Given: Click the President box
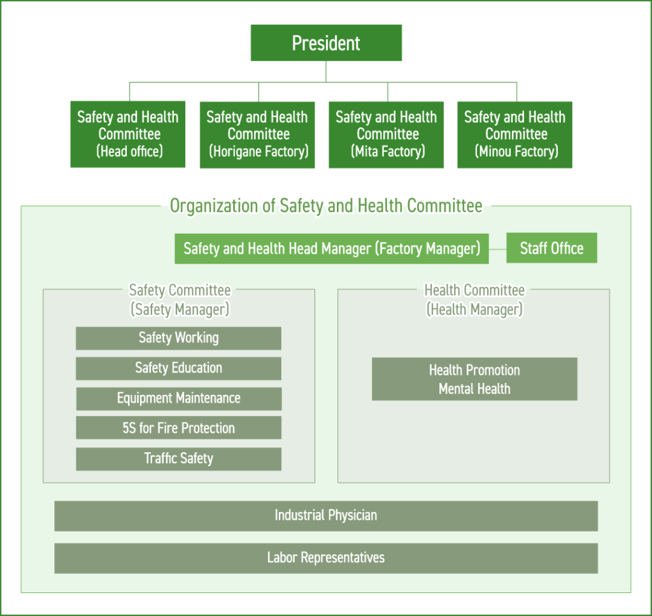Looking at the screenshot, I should pyautogui.click(x=326, y=43).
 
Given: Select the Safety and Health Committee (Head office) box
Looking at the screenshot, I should pyautogui.click(x=128, y=134).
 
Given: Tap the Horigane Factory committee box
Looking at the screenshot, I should pyautogui.click(x=257, y=134).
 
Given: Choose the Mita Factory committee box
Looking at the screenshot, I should pyautogui.click(x=386, y=134).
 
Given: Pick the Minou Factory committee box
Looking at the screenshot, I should pyautogui.click(x=514, y=134).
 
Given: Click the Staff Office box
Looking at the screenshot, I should pyautogui.click(x=551, y=248).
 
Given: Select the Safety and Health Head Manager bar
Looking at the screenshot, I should pyautogui.click(x=332, y=248).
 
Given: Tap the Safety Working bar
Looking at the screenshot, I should pyautogui.click(x=178, y=338).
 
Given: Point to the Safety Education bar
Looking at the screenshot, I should pyautogui.click(x=178, y=368).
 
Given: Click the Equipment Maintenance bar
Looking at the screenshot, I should pyautogui.click(x=178, y=398).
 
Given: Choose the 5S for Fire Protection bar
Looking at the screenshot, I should pyautogui.click(x=178, y=428).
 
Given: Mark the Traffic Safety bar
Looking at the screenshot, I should pyautogui.click(x=178, y=459).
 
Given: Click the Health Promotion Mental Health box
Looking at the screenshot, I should pyautogui.click(x=474, y=379).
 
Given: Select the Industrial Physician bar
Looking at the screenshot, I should pyautogui.click(x=326, y=515).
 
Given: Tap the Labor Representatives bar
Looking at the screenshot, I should pyautogui.click(x=326, y=558).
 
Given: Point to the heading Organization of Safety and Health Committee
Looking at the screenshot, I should pyautogui.click(x=326, y=206).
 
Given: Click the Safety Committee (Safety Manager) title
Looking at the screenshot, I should pyautogui.click(x=180, y=299).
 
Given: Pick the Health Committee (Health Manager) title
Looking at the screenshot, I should pyautogui.click(x=474, y=299).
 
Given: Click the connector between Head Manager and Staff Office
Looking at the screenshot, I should pyautogui.click(x=498, y=248).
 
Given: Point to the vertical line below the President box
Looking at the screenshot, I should pyautogui.click(x=326, y=71).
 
